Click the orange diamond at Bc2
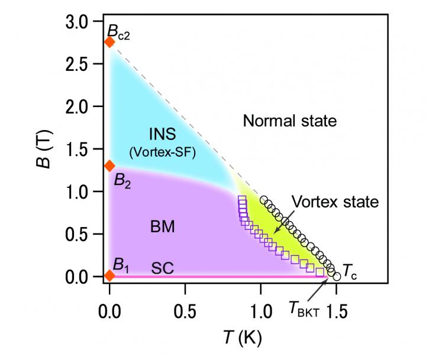[x=109, y=42]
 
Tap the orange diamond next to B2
[x=109, y=166]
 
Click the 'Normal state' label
[x=289, y=122]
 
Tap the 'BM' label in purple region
[x=162, y=226]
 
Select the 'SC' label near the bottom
[x=162, y=268]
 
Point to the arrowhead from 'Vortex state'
[x=275, y=231]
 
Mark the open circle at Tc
[x=337, y=275]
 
